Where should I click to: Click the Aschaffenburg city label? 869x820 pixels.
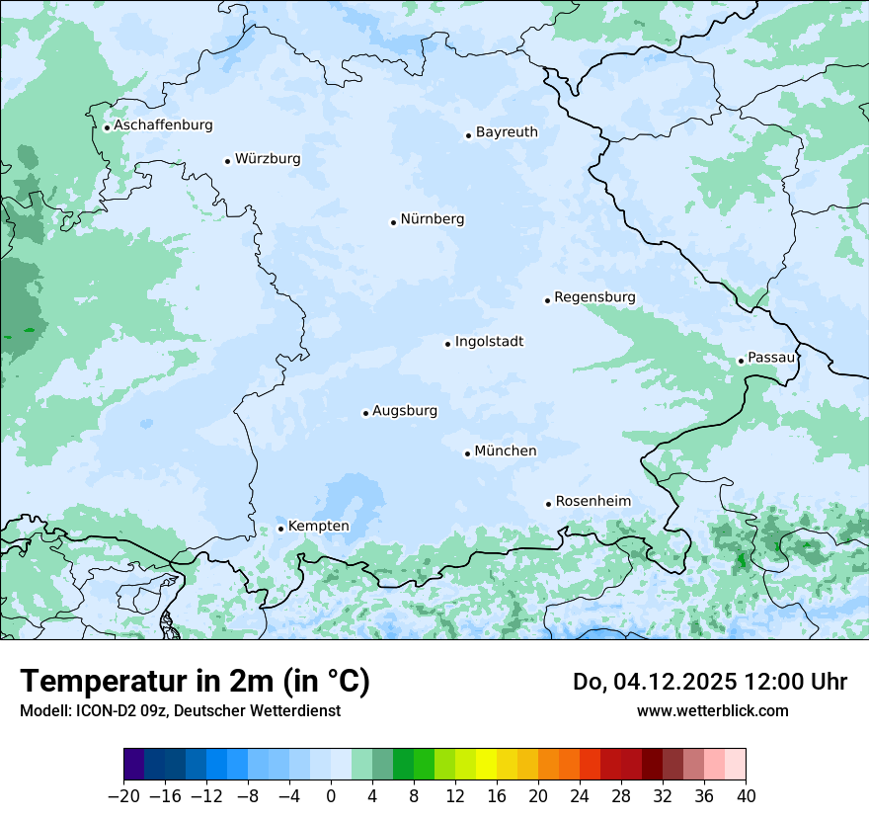(x=163, y=125)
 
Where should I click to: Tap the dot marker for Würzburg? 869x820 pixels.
(x=227, y=161)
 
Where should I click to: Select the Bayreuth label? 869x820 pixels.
(x=507, y=131)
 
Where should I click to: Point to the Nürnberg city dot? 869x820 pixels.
(x=393, y=222)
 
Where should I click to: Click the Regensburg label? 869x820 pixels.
(x=594, y=296)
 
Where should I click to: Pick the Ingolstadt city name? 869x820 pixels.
(x=489, y=342)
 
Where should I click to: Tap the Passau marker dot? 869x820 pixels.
(x=741, y=361)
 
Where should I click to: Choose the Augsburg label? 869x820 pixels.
(x=404, y=410)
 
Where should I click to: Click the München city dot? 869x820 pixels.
(x=467, y=453)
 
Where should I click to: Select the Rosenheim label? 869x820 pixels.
(x=592, y=501)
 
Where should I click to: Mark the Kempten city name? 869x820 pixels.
(x=318, y=526)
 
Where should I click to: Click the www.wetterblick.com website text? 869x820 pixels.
(x=712, y=710)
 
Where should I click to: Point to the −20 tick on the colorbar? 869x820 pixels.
(x=123, y=795)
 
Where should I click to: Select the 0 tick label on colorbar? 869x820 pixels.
(x=331, y=795)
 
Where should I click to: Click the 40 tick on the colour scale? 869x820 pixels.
(x=746, y=795)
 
